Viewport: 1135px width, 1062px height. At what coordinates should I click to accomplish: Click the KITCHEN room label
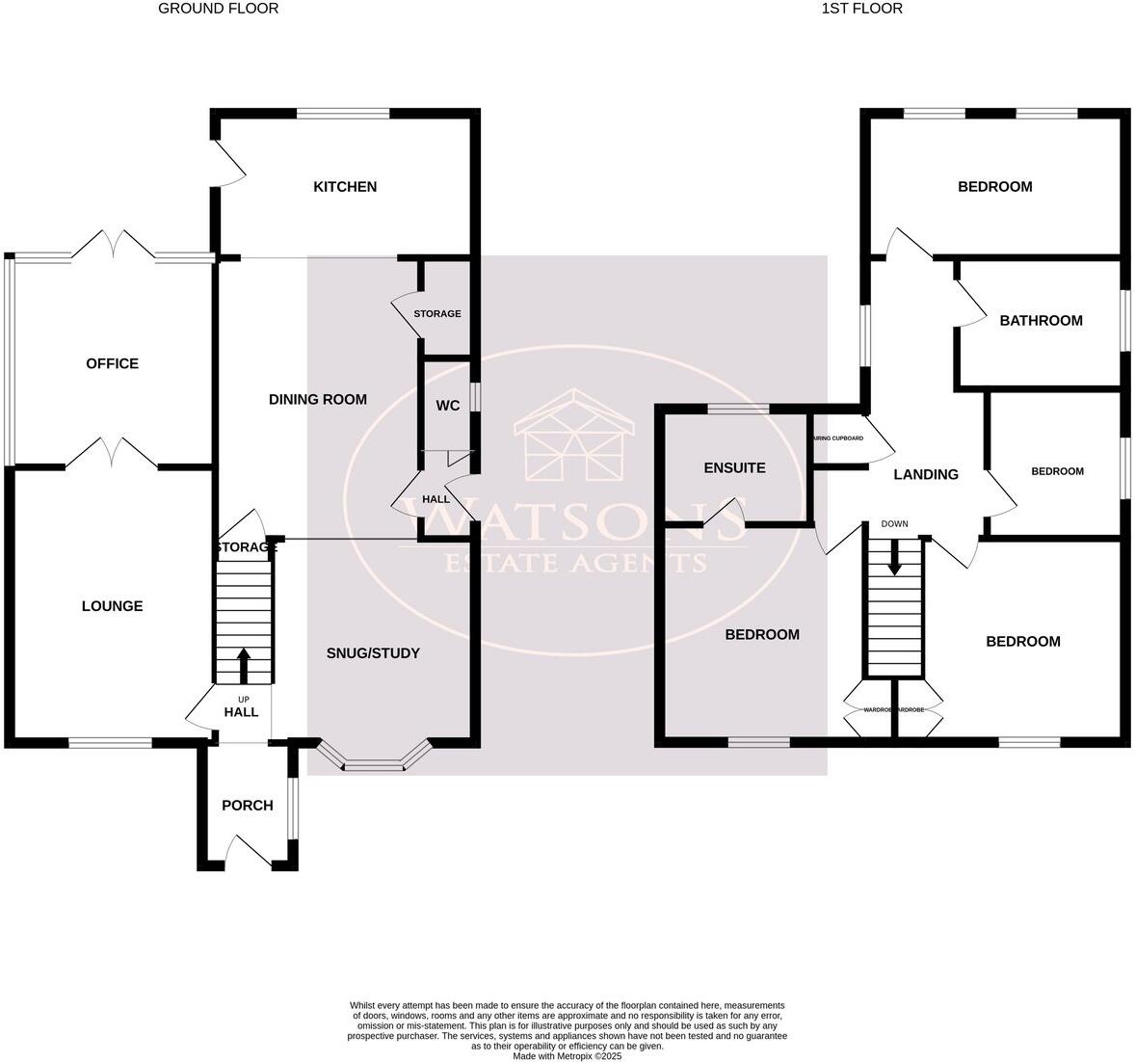tap(345, 187)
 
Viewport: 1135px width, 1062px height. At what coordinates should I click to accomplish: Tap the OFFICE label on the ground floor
tap(112, 363)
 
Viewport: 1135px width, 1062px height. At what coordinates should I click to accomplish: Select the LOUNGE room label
tap(112, 606)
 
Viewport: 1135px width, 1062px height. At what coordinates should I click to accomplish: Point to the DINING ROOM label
tap(317, 399)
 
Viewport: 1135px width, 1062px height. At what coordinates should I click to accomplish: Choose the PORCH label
tap(248, 806)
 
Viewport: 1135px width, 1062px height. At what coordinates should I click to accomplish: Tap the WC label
tap(448, 406)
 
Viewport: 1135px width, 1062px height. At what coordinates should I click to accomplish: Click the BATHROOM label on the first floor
tap(1041, 321)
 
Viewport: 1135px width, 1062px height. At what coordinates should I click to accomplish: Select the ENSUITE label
tap(734, 468)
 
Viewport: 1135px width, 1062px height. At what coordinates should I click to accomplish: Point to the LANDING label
tap(926, 474)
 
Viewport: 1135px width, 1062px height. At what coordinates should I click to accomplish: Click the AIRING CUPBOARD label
tap(837, 438)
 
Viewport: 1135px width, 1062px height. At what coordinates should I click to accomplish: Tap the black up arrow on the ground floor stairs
tap(243, 665)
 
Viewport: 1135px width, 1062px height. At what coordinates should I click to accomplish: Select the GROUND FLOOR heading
tap(218, 9)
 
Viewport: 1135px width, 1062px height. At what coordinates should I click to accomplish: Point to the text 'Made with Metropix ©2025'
tap(567, 1056)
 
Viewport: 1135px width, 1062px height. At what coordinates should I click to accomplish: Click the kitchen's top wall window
tap(343, 114)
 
